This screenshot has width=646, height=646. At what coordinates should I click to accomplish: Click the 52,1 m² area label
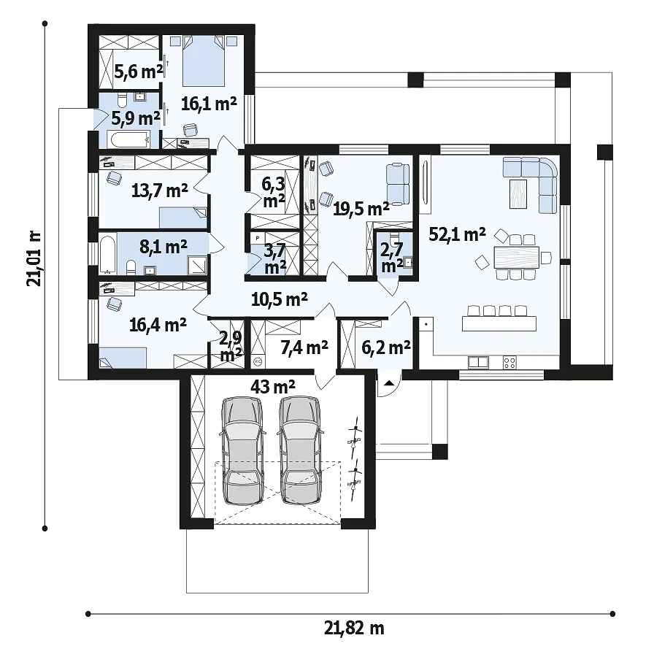pos(457,234)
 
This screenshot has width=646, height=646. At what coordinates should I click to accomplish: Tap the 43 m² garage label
pos(273,386)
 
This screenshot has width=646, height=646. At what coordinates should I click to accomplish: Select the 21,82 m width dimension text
pos(354,628)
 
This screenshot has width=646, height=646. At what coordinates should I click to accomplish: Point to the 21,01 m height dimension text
pos(34,258)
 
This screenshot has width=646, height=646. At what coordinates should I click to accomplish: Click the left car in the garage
pos(242,450)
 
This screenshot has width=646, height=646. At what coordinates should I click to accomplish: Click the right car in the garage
pos(299,450)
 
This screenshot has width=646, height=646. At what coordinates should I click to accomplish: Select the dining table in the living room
pos(516,257)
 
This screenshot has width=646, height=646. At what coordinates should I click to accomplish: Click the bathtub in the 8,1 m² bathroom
pos(107,254)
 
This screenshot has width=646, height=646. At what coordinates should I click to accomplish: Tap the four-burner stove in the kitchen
pos(510,363)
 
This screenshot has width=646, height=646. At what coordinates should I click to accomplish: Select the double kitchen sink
pos(478,363)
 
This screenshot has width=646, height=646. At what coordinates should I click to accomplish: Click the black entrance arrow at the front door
pos(389,383)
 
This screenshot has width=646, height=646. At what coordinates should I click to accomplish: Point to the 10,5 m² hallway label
pos(280,299)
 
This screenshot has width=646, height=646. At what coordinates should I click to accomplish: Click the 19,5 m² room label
pos(361,209)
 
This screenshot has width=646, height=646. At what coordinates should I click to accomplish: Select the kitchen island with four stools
pos(499,319)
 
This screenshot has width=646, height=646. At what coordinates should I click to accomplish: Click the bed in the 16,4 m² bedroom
pos(123,358)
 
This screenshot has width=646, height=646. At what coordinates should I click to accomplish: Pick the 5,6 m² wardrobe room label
pos(139,72)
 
